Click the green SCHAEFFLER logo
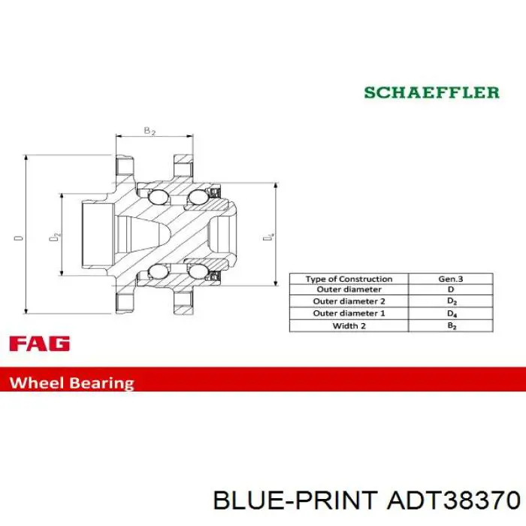[432, 92]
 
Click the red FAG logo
[40, 343]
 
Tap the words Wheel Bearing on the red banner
[72, 382]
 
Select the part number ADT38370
[454, 500]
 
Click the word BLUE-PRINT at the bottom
[295, 500]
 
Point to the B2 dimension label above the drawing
[150, 131]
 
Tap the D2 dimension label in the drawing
[55, 237]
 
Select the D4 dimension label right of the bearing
[268, 237]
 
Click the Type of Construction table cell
[349, 279]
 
